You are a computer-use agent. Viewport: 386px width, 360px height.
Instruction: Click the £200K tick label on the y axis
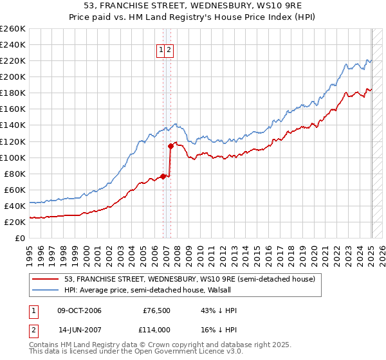tap(13, 76)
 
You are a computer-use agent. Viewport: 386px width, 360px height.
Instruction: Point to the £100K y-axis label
tap(13, 157)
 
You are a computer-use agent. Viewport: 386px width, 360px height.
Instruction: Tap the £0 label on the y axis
tap(19, 238)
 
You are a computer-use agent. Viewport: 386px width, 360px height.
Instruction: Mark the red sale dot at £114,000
tap(170, 146)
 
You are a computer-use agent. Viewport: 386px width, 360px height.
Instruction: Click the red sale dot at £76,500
tap(163, 176)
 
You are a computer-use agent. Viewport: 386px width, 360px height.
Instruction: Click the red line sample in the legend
tap(46, 279)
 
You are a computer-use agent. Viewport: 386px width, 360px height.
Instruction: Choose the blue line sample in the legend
tap(46, 290)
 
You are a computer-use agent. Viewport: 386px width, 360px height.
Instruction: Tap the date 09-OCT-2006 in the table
tap(79, 311)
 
